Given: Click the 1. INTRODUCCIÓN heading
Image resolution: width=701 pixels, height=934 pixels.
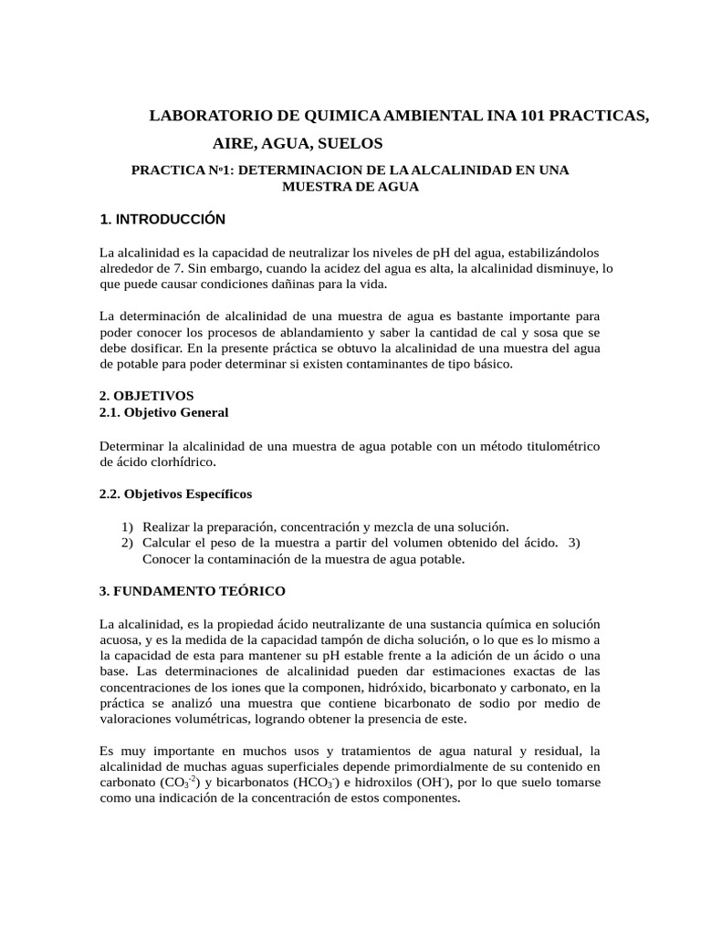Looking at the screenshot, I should (162, 220).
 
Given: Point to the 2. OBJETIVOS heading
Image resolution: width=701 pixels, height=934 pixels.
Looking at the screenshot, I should (146, 397).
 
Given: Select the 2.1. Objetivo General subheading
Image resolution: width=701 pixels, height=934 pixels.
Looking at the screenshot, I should (163, 413).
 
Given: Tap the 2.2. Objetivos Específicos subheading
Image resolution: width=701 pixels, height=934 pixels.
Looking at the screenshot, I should (175, 493).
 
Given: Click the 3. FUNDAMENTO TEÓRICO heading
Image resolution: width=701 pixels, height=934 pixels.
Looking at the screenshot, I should (192, 591).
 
